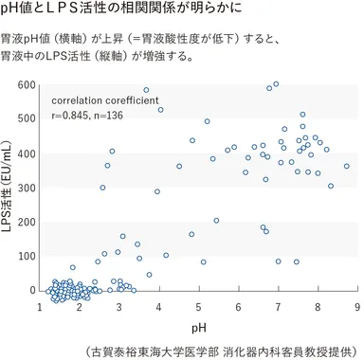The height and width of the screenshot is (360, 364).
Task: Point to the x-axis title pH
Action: [199, 327]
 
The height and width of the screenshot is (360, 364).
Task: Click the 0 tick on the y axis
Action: [31, 290]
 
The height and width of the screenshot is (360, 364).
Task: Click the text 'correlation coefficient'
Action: [105, 100]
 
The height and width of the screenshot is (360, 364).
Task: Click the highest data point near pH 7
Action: [276, 83]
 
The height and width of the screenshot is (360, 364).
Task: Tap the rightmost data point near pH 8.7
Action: [347, 166]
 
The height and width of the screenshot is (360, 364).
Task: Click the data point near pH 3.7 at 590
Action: [146, 90]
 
